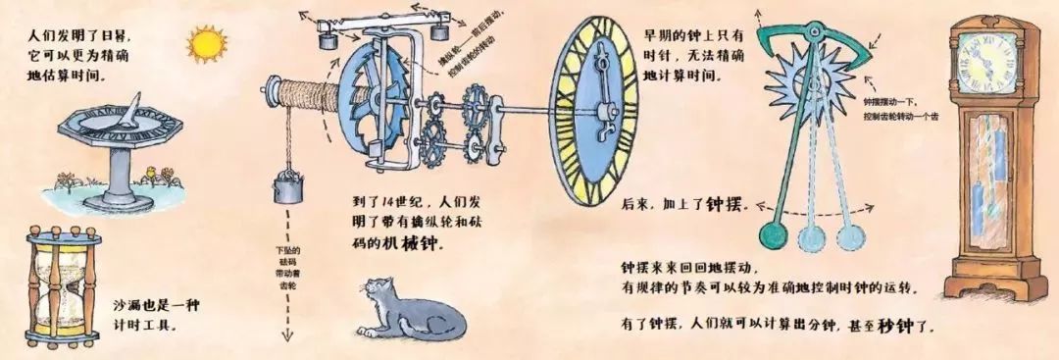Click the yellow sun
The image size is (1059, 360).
point(207,44)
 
